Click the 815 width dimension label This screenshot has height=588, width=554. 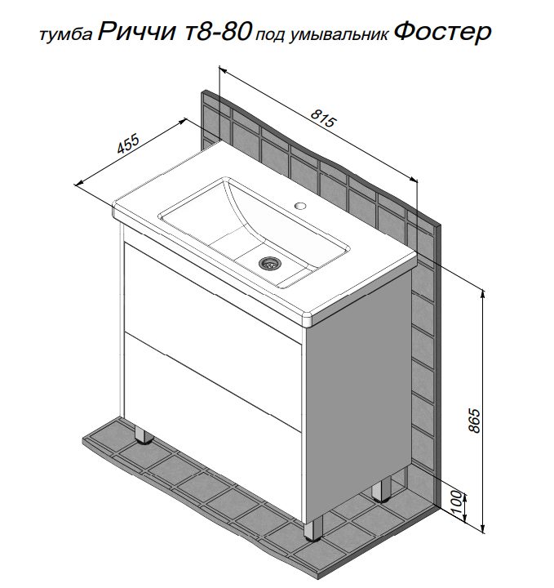click(x=324, y=118)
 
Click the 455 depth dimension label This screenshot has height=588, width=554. click(x=128, y=144)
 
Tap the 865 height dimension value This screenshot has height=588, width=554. click(x=474, y=421)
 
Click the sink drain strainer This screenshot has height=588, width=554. click(x=268, y=263)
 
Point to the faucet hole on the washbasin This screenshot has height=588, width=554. click(x=300, y=206)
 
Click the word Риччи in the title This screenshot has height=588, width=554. click(x=136, y=32)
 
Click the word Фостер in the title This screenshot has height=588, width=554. click(x=442, y=32)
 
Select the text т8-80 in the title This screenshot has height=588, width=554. click(x=218, y=32)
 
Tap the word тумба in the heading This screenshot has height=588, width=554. click(x=65, y=34)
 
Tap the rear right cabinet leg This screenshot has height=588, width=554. click(x=381, y=490)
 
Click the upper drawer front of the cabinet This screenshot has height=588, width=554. click(x=214, y=298)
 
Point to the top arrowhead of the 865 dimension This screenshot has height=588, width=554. click(x=483, y=294)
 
